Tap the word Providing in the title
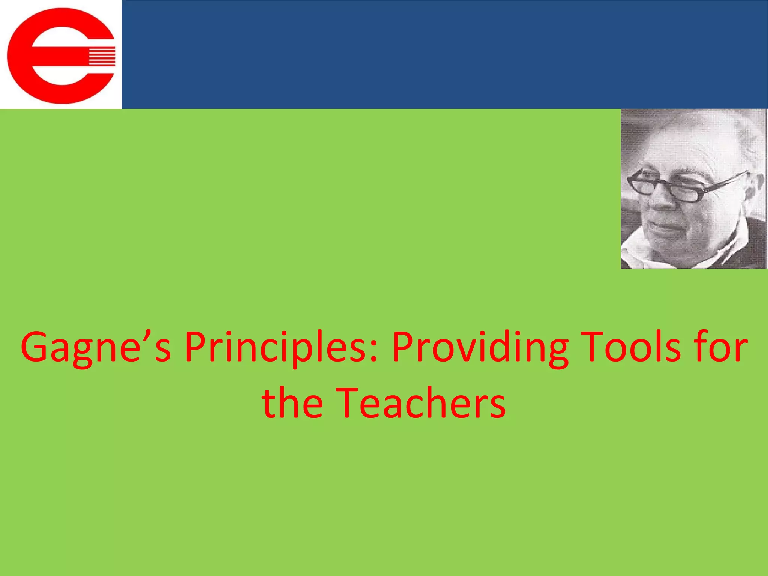tap(480, 347)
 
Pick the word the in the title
tap(292, 403)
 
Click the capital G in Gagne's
tap(36, 346)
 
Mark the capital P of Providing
tap(403, 346)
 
